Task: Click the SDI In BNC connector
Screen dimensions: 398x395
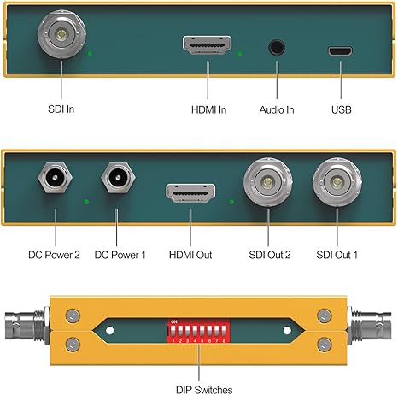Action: tap(61, 34)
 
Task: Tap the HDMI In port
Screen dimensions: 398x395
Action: tap(207, 45)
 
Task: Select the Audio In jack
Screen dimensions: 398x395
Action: tap(277, 47)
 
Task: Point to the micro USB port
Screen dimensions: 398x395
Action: tap(340, 51)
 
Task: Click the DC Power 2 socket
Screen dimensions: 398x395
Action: tap(55, 178)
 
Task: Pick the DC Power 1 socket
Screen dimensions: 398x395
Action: tap(118, 178)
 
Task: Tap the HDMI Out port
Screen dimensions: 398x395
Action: tap(190, 193)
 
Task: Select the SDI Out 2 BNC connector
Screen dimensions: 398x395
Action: tap(267, 182)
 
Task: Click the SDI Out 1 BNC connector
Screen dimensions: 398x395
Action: tap(337, 182)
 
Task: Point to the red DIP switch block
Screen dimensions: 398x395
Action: tap(198, 331)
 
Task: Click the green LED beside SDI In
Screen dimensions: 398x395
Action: tap(90, 53)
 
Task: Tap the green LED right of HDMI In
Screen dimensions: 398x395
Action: tap(240, 53)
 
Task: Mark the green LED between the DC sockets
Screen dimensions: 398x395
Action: tap(86, 202)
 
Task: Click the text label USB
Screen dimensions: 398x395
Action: tap(342, 109)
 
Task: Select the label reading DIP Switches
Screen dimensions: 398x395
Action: tap(204, 390)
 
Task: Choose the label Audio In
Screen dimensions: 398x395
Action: tap(277, 109)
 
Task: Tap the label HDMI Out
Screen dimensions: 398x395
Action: tap(190, 255)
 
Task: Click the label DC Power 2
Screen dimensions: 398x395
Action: tap(54, 255)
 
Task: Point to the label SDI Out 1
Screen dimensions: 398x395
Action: tap(337, 255)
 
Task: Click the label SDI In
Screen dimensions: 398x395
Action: tap(61, 109)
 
